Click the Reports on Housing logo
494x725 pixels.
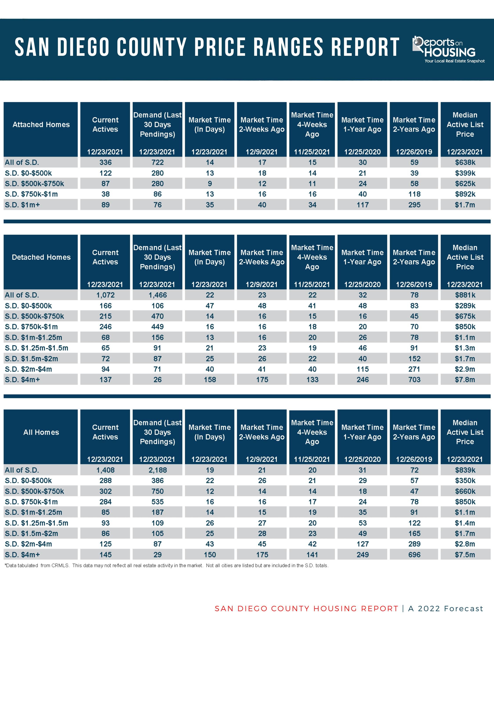(x=449, y=50)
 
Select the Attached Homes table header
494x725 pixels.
(x=41, y=125)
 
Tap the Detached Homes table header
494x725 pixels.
(x=41, y=257)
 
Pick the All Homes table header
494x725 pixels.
(x=41, y=432)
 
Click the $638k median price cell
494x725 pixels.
(x=465, y=162)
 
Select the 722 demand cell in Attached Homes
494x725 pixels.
(x=157, y=162)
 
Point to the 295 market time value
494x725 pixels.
(x=414, y=205)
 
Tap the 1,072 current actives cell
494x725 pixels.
(x=105, y=295)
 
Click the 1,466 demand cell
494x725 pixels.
(x=157, y=295)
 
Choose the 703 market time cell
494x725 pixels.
(x=414, y=380)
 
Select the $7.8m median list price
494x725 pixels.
(x=465, y=380)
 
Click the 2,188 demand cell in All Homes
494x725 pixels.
(x=157, y=470)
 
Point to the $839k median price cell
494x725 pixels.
(x=465, y=470)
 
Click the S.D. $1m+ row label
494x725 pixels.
(x=22, y=205)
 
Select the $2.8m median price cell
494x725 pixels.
(x=465, y=544)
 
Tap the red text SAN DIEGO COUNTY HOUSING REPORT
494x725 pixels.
(x=306, y=609)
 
